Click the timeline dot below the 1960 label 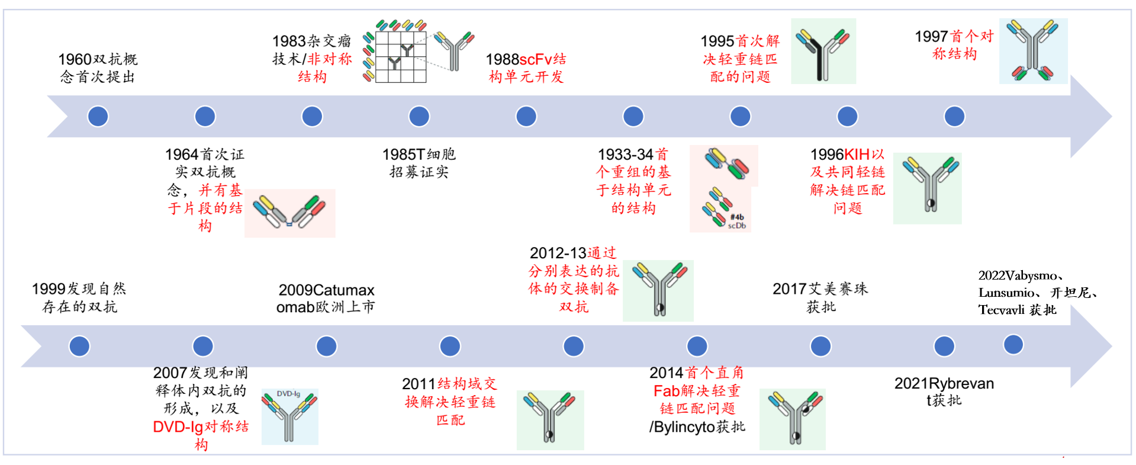[x=98, y=116]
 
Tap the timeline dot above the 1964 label [x=205, y=116]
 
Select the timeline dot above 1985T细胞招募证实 [x=419, y=116]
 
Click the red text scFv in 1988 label [x=536, y=59]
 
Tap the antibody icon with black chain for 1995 [x=823, y=52]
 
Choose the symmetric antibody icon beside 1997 [x=1033, y=51]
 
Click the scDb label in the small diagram [x=737, y=226]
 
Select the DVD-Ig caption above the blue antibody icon [x=288, y=394]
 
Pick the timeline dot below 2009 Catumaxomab [x=326, y=346]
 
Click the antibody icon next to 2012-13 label [x=658, y=290]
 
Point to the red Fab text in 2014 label [x=667, y=391]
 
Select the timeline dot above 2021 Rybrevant [x=944, y=346]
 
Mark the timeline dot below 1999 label [x=79, y=346]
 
